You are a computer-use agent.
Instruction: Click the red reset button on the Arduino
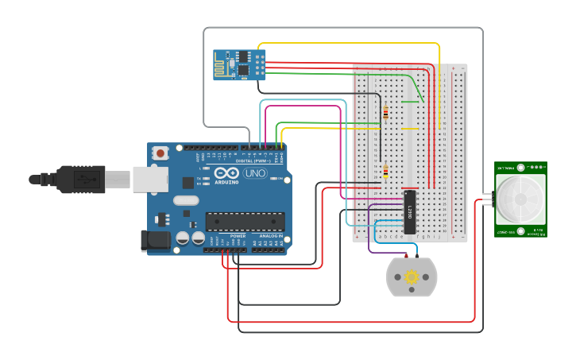coord(160,153)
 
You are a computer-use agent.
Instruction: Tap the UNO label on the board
coord(255,173)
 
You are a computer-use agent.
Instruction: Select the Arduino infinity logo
coord(226,173)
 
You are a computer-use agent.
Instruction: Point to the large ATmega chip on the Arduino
coord(245,221)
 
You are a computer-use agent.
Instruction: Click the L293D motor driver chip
coord(410,212)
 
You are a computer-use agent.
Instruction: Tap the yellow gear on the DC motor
coord(412,277)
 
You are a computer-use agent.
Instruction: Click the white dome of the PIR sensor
coord(520,199)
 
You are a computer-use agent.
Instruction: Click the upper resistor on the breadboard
coord(386,112)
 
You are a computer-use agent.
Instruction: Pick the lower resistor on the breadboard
coord(386,172)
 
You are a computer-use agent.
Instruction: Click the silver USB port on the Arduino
coord(149,180)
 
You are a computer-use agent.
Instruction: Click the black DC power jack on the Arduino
coord(156,241)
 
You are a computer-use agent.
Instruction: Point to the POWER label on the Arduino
coord(238,236)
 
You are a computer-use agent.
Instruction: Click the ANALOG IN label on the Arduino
coord(268,236)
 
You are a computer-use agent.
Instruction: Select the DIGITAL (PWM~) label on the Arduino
coord(253,160)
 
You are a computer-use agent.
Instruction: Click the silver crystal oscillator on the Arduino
coord(184,201)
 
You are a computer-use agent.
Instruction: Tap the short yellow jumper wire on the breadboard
coord(410,129)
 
